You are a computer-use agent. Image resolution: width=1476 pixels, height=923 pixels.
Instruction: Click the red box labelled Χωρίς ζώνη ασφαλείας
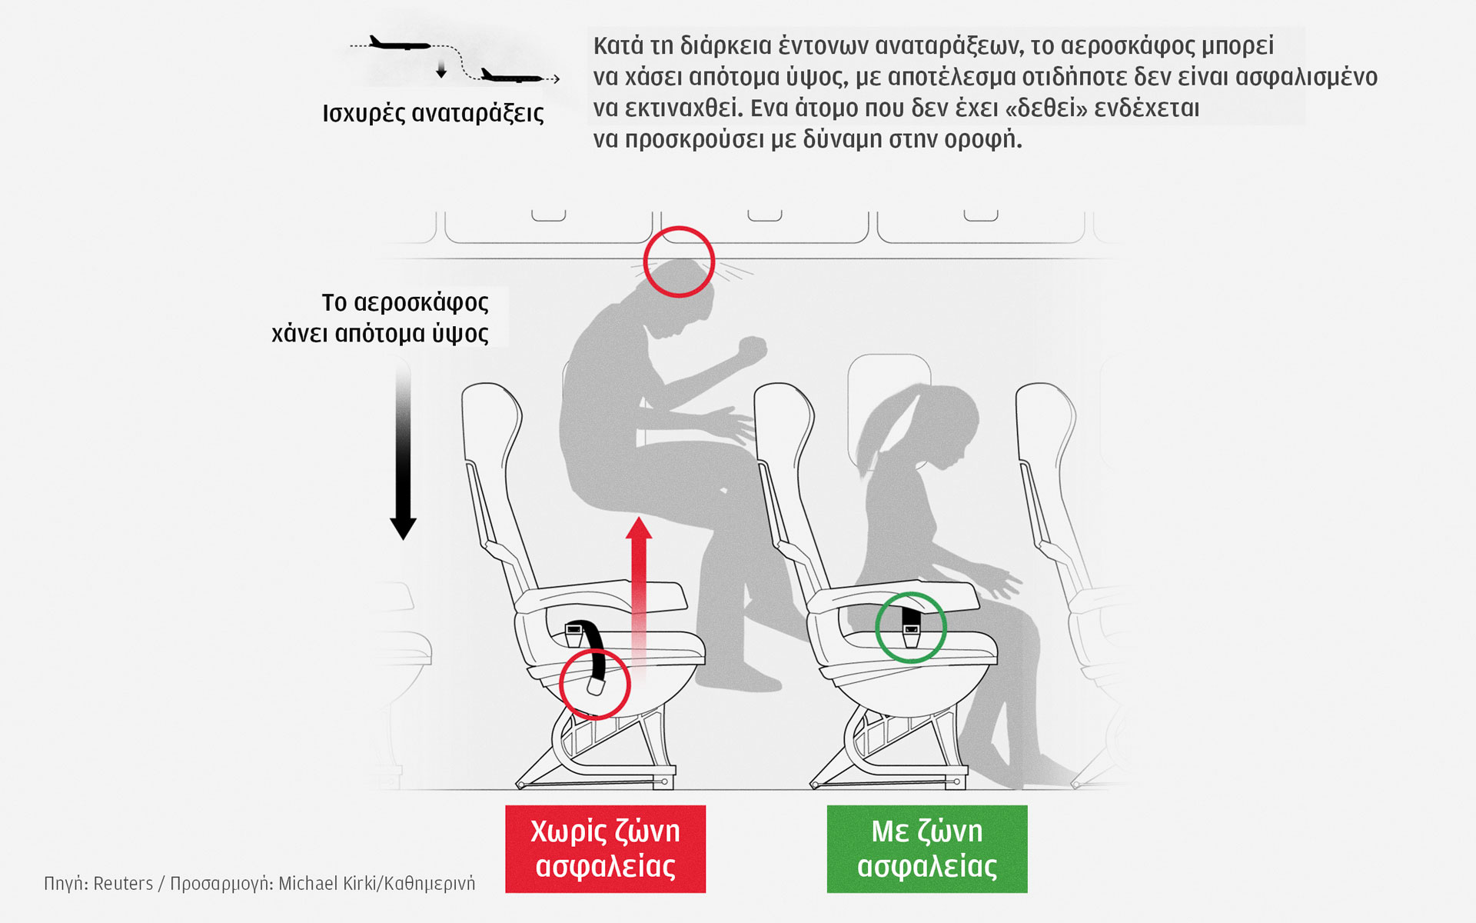(x=605, y=848)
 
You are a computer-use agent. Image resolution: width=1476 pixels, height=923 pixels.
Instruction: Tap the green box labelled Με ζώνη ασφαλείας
(x=927, y=848)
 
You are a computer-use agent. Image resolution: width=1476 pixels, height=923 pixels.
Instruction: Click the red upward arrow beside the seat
(x=638, y=596)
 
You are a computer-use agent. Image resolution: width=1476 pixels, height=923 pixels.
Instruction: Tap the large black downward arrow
(x=403, y=450)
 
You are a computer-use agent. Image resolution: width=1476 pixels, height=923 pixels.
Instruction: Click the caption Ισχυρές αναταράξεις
(x=433, y=114)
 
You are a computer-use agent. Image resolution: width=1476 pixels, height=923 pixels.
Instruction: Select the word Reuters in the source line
(x=123, y=884)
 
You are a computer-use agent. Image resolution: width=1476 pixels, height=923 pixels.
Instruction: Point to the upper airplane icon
(x=400, y=44)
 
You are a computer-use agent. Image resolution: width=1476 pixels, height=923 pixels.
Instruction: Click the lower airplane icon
(x=511, y=76)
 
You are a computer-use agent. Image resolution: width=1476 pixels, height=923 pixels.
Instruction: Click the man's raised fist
(x=753, y=352)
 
